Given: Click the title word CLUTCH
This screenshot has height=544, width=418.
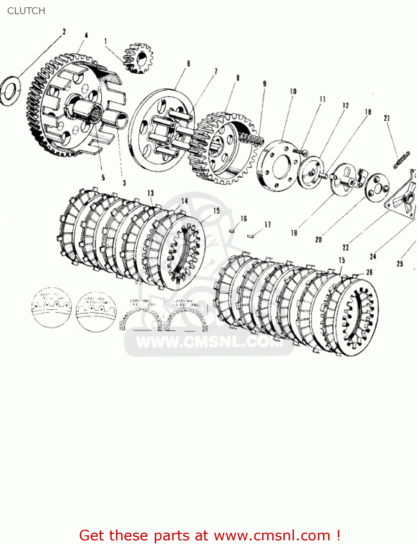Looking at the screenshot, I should pos(26,11).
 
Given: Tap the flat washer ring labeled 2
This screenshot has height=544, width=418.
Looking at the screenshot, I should pos(10,91).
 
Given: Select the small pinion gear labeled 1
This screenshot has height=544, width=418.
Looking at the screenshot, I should pos(138,58).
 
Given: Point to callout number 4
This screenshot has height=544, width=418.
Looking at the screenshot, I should pos(86,36).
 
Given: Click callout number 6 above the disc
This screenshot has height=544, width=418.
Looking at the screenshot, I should pos(189,64).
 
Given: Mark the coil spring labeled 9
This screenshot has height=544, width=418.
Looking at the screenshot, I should pos(251,139).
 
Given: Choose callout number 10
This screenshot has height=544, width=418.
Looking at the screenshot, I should pos(293,92).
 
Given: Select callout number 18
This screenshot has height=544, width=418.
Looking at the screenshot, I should pos(368,112).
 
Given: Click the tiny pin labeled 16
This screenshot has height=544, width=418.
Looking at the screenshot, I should pos(234,229).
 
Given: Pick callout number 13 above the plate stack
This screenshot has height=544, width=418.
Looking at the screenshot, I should pos(150,193).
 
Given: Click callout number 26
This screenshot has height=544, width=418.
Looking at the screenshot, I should pos(369,272).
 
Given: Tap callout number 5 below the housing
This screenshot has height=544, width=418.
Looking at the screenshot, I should pos(103,177).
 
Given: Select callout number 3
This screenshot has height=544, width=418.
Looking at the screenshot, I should pos(124,183).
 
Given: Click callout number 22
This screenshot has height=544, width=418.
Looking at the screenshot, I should pos(345,247).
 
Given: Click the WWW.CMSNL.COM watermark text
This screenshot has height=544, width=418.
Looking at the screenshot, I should pos(209,342).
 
